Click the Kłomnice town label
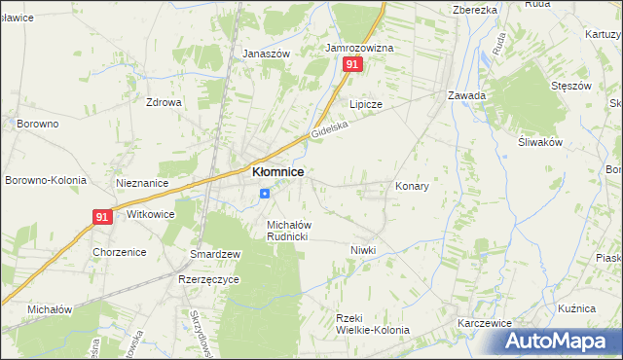277,171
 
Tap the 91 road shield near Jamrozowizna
352,64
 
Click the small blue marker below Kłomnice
264,193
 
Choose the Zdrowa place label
164,101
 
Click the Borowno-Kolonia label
46,180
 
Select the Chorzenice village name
119,252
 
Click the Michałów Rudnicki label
288,230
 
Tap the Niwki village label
363,250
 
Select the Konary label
412,185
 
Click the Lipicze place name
366,104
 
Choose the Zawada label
466,95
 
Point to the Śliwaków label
541,141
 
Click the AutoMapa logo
563,340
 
